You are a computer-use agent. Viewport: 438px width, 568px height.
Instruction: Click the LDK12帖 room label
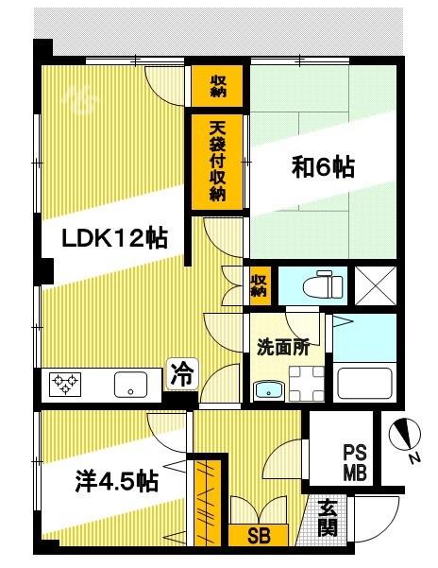pyautogui.click(x=114, y=238)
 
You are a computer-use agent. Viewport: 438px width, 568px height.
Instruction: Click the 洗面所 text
pyautogui.click(x=283, y=347)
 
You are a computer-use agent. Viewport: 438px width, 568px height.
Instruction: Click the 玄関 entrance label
pyautogui.click(x=327, y=517)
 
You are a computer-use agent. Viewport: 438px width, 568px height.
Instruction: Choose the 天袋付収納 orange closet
pyautogui.click(x=218, y=160)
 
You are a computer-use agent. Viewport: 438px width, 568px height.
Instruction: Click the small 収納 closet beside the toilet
pyautogui.click(x=260, y=284)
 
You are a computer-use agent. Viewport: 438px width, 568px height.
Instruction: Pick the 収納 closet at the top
pyautogui.click(x=218, y=85)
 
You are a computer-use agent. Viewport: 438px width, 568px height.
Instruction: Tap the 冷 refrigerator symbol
pyautogui.click(x=181, y=373)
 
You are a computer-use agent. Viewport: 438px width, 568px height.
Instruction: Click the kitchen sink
pyautogui.click(x=129, y=385)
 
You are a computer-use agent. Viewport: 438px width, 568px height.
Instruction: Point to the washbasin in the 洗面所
pyautogui.click(x=268, y=389)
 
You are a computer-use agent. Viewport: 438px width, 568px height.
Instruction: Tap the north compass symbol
pyautogui.click(x=407, y=432)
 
